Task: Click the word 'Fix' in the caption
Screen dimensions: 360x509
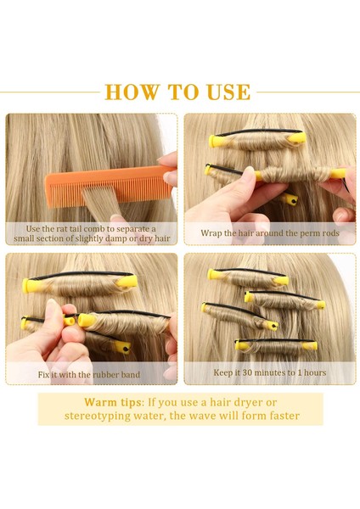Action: click(x=43, y=375)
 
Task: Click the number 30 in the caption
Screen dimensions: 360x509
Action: click(x=247, y=372)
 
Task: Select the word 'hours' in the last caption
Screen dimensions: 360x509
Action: click(x=315, y=372)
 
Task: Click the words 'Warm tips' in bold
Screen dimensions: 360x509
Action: click(x=113, y=402)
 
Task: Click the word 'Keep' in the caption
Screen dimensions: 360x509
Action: click(x=222, y=372)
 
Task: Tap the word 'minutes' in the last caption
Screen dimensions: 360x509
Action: click(x=272, y=372)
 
